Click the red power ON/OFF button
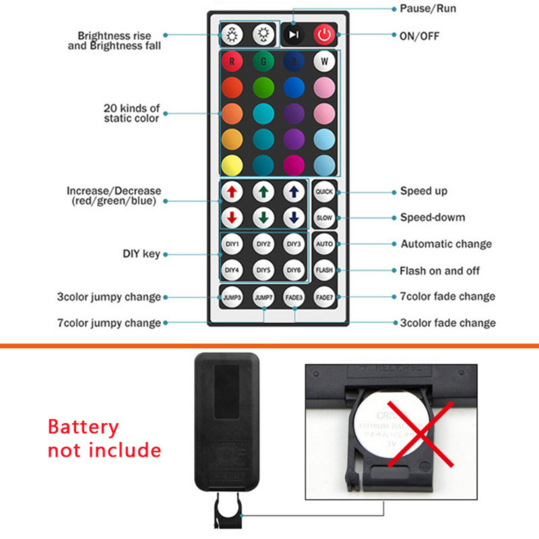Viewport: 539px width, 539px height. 325,34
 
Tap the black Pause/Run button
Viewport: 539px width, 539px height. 293,34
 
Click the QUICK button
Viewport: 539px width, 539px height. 325,191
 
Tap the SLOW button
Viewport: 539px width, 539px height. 325,218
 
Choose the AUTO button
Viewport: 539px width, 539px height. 325,244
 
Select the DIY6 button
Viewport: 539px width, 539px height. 293,270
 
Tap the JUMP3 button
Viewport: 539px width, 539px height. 232,296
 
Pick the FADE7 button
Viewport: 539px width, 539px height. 325,296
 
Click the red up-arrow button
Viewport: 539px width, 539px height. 232,191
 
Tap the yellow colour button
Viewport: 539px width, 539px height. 232,164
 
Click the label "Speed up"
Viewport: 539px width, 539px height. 424,191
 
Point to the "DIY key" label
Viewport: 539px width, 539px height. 141,254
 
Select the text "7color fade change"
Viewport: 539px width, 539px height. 447,296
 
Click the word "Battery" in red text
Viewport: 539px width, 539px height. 83,427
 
